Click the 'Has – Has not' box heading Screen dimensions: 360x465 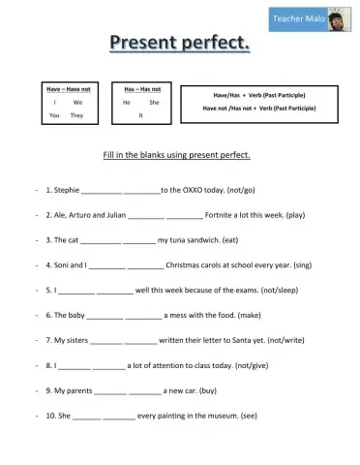(142, 89)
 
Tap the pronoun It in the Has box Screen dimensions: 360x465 (141, 115)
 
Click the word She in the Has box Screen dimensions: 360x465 (154, 102)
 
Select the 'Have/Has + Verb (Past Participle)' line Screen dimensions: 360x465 (257, 95)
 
